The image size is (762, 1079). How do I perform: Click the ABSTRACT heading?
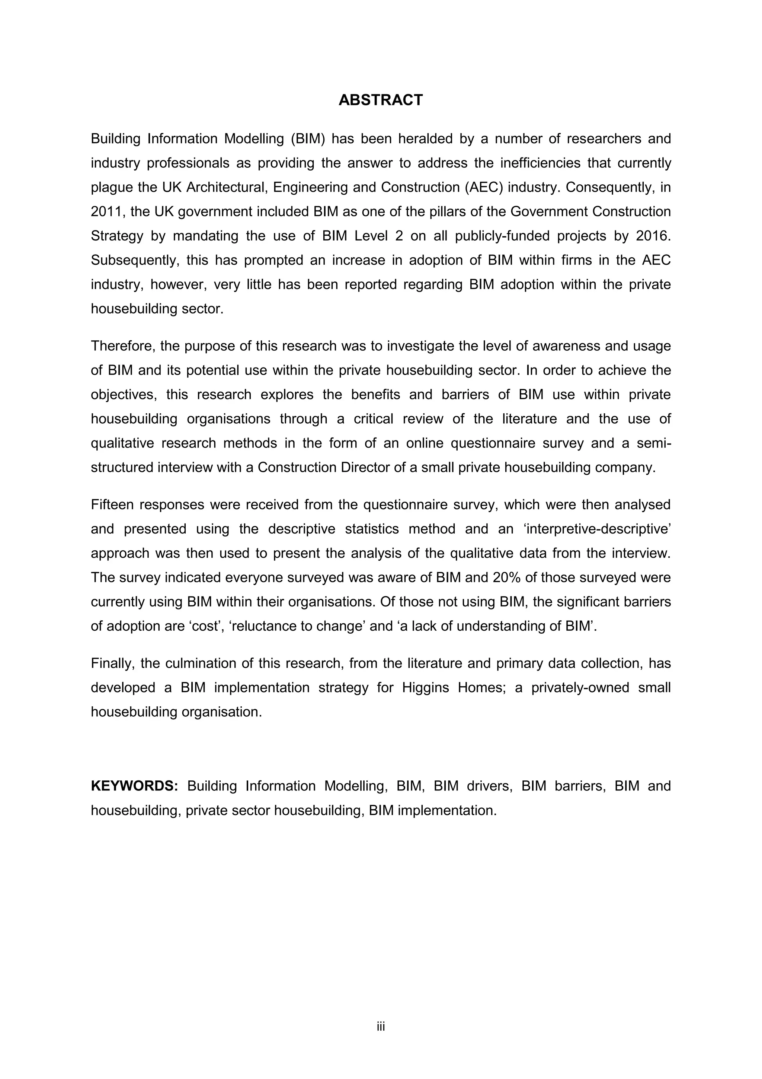380,100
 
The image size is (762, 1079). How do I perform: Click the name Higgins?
425,688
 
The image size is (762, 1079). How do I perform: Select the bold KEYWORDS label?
134,786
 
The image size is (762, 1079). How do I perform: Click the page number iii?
380,1027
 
